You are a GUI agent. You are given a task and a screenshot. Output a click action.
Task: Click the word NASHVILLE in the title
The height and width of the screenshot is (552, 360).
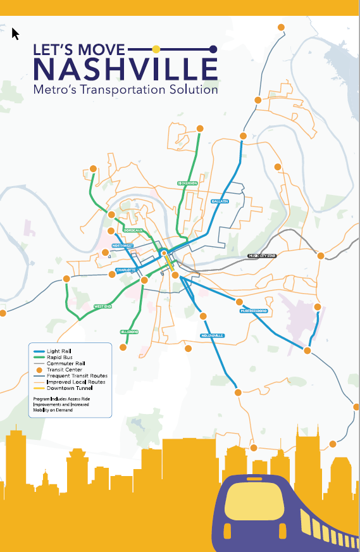click(x=125, y=69)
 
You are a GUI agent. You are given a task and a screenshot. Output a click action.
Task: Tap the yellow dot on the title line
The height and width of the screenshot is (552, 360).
click(x=156, y=48)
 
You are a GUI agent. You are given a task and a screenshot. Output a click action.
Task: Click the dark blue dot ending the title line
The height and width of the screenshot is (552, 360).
click(x=213, y=49)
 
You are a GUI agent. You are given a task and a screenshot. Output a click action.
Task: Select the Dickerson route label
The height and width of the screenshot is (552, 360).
click(x=188, y=183)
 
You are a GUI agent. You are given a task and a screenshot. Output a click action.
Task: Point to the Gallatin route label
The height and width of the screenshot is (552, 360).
click(x=220, y=201)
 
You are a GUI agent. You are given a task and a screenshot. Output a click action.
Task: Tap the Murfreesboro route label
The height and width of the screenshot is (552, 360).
click(x=253, y=311)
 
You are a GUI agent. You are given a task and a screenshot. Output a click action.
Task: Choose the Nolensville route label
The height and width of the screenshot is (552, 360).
click(x=213, y=336)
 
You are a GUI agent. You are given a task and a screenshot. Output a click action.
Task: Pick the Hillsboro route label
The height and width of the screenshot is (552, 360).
click(x=129, y=332)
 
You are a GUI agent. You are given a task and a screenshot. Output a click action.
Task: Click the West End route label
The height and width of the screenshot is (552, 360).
click(x=103, y=306)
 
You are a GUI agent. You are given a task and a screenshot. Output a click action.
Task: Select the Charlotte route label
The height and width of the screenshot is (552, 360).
click(x=126, y=270)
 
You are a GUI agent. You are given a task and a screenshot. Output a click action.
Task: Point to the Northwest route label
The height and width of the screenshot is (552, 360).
click(x=123, y=245)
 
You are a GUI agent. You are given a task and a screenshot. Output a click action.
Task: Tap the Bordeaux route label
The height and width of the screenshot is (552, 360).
click(x=133, y=230)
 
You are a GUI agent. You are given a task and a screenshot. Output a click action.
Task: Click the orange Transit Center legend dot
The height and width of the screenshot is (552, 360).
click(x=39, y=370)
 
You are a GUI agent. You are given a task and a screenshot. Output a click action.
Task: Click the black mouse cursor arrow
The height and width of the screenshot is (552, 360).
click(x=15, y=33)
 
